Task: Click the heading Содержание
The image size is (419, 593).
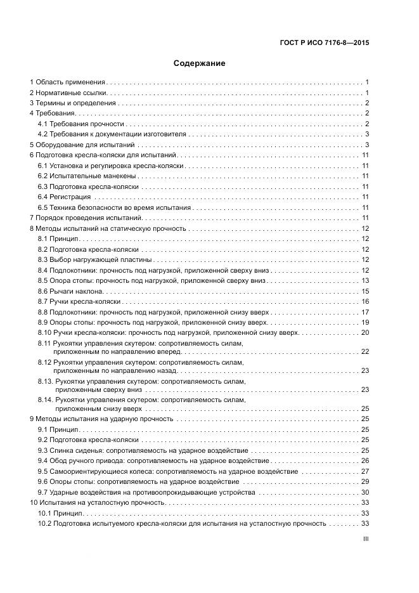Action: pyautogui.click(x=200, y=63)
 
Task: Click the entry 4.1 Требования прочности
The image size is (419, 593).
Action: pyautogui.click(x=81, y=124)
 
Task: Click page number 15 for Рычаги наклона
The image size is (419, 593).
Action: pyautogui.click(x=365, y=290)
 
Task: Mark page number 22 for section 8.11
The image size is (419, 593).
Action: pyautogui.click(x=365, y=351)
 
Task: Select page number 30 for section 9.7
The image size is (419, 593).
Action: pyautogui.click(x=365, y=492)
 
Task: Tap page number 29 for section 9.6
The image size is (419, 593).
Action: pyautogui.click(x=365, y=482)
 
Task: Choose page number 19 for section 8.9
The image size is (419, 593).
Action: pyautogui.click(x=365, y=322)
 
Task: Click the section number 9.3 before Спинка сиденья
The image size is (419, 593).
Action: pyautogui.click(x=43, y=451)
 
